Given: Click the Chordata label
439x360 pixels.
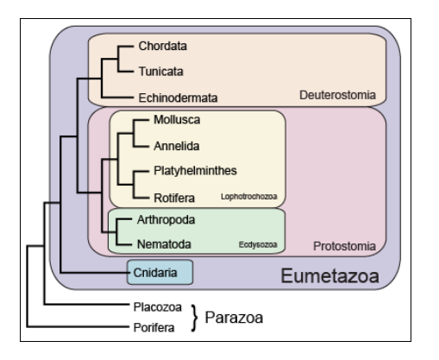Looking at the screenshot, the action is click(163, 46).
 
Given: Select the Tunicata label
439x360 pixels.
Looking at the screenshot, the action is click(161, 72).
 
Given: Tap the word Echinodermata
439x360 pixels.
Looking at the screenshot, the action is click(178, 98).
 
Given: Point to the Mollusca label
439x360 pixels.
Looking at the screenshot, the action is click(177, 120).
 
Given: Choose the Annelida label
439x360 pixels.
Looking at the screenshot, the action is click(177, 146).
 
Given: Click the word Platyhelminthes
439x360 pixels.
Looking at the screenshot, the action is click(195, 171).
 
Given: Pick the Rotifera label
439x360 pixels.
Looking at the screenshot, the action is click(174, 198).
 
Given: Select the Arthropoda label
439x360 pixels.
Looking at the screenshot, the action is click(166, 220).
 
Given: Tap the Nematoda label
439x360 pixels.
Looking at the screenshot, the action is click(164, 244).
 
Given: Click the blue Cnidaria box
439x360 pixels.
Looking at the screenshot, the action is click(160, 272).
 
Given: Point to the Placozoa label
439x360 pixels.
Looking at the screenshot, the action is click(158, 307).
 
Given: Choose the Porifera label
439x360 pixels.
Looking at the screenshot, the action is click(154, 327).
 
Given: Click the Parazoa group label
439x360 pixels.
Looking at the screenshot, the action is click(234, 318).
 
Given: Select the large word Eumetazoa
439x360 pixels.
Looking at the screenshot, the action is click(329, 275).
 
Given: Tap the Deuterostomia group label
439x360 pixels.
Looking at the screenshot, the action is click(337, 95).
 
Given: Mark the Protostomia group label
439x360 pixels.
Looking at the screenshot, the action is click(344, 246).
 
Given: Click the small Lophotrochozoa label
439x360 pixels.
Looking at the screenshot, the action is click(249, 197).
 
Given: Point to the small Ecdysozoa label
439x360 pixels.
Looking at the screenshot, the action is click(258, 244).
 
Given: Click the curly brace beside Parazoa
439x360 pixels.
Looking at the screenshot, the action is click(195, 318).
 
